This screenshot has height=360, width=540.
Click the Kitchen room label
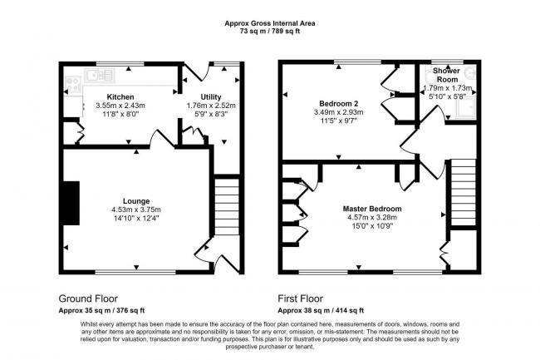[x=120, y=96]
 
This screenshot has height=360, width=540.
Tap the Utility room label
[x=211, y=96]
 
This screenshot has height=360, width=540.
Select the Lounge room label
[x=136, y=201]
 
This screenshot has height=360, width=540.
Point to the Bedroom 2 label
[x=338, y=103]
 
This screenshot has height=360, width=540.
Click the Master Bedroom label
[x=372, y=209]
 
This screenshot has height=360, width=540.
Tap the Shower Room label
[x=447, y=75]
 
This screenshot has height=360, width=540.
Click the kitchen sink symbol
[x=100, y=76]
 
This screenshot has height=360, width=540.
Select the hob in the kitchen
[x=73, y=85]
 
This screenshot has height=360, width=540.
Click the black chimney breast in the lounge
[x=71, y=203]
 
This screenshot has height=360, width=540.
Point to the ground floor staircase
[x=227, y=207]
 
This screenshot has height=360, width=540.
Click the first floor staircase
[x=464, y=192]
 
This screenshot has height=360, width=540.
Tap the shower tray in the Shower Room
[x=466, y=107]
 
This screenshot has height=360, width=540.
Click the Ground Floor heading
[x=88, y=298]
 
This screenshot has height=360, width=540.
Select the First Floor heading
[x=300, y=298]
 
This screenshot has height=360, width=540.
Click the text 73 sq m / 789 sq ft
[x=270, y=32]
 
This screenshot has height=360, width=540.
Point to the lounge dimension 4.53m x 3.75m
[x=136, y=210]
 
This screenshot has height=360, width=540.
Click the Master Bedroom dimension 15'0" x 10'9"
[x=372, y=226]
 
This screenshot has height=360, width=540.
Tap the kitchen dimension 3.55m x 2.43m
[x=120, y=106]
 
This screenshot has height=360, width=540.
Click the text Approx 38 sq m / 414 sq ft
[x=321, y=310]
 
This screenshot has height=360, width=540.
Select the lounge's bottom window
[x=135, y=272]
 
